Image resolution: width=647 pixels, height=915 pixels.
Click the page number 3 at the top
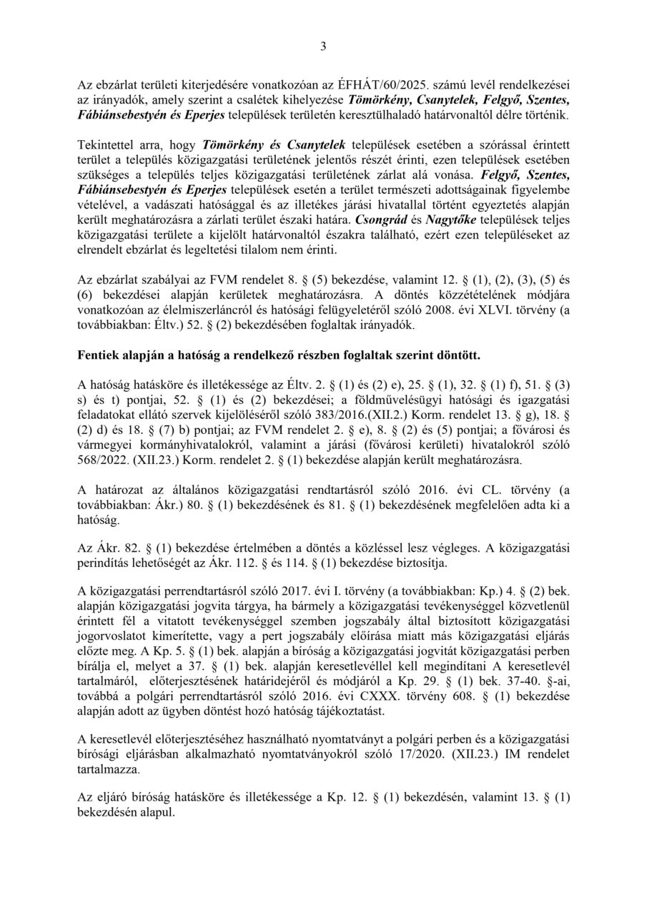(x=323, y=48)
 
